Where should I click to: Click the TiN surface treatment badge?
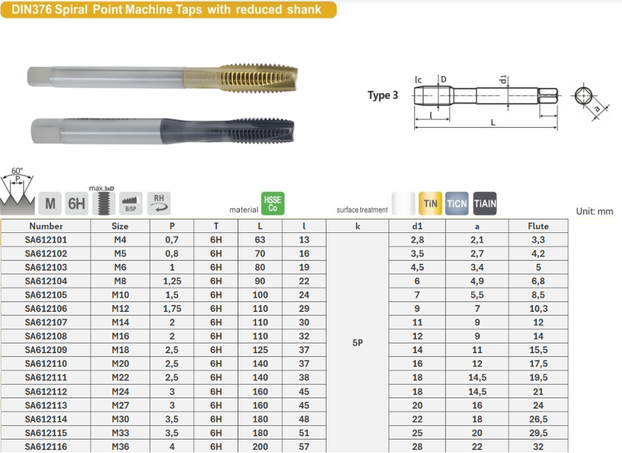(430, 203)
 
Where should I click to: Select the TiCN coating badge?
(457, 203)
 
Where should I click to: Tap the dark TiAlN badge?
(485, 203)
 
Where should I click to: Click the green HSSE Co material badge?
(273, 203)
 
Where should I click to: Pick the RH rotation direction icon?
(159, 203)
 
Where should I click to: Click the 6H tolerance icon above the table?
(76, 203)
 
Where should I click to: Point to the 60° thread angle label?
(17, 171)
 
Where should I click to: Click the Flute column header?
(538, 226)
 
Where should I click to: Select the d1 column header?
(418, 226)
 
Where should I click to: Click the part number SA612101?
(46, 240)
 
